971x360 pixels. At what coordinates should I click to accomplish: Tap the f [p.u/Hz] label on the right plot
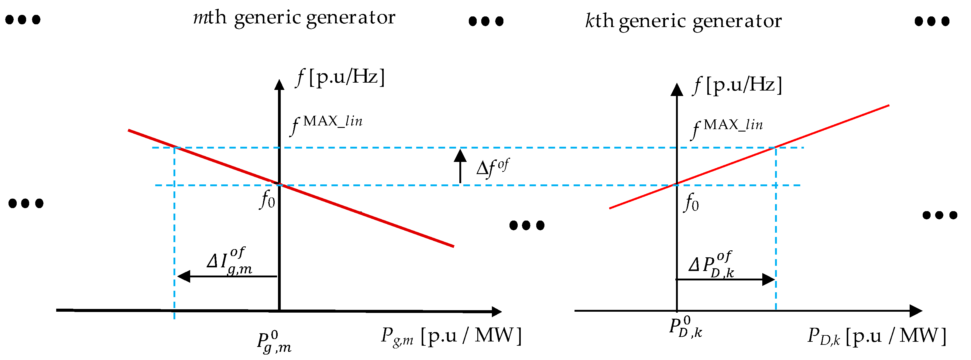(737, 85)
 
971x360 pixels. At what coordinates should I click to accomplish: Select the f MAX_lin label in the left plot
(326, 124)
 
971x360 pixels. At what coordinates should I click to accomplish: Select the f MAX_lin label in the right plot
(727, 128)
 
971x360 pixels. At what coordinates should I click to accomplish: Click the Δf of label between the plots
(492, 168)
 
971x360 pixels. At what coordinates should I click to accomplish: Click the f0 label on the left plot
(268, 200)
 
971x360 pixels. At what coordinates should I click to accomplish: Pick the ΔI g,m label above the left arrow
(229, 261)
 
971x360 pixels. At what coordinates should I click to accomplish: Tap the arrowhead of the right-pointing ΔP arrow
(768, 279)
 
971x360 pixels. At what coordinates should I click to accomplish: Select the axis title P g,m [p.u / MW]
(451, 335)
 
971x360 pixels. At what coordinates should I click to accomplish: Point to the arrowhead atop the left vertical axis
(279, 85)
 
